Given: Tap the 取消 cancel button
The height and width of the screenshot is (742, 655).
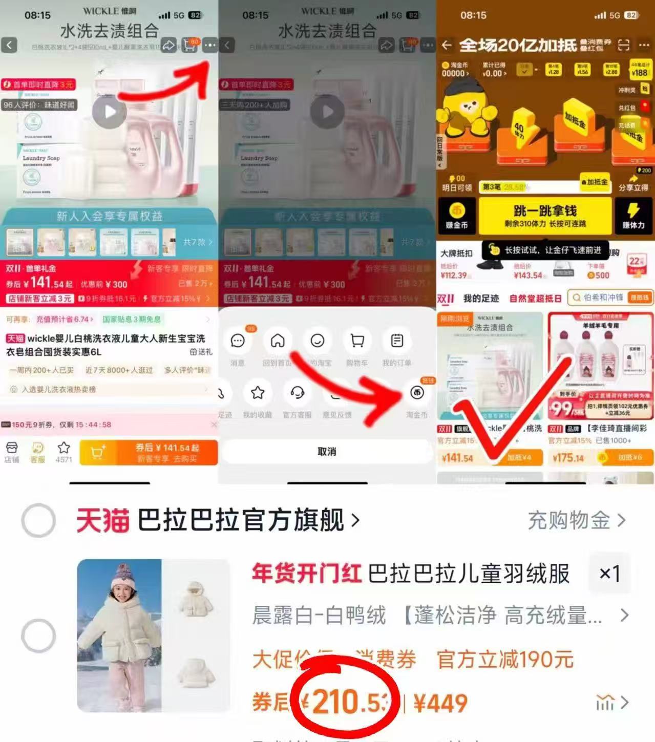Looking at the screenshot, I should click(x=327, y=452).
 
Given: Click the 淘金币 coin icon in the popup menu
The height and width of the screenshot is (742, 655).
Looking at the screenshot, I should click(x=417, y=393).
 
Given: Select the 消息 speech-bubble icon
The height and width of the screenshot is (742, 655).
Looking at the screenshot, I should click(x=238, y=341).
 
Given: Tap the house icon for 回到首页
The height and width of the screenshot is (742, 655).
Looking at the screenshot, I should click(x=278, y=341).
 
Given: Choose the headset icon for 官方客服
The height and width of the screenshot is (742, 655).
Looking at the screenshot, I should click(x=298, y=393).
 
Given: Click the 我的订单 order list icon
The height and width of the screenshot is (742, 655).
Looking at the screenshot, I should click(x=397, y=341).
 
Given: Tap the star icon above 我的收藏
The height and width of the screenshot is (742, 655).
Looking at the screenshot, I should click(x=258, y=393).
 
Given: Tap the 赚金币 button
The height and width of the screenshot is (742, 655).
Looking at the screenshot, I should click(x=456, y=216).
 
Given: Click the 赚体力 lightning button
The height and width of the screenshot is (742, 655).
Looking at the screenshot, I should click(x=633, y=216).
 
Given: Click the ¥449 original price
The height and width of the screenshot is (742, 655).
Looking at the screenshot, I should click(x=440, y=703).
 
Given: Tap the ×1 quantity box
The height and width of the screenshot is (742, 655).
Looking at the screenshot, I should click(x=609, y=574).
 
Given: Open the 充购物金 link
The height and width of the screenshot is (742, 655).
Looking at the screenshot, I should click(x=576, y=521).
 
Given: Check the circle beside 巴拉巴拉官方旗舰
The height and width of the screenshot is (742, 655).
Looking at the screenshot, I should click(x=38, y=521).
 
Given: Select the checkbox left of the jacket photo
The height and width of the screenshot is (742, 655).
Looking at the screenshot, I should click(x=38, y=635).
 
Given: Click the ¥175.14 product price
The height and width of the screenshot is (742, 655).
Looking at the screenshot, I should click(x=568, y=457).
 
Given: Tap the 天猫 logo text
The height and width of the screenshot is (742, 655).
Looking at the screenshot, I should click(x=102, y=521).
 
